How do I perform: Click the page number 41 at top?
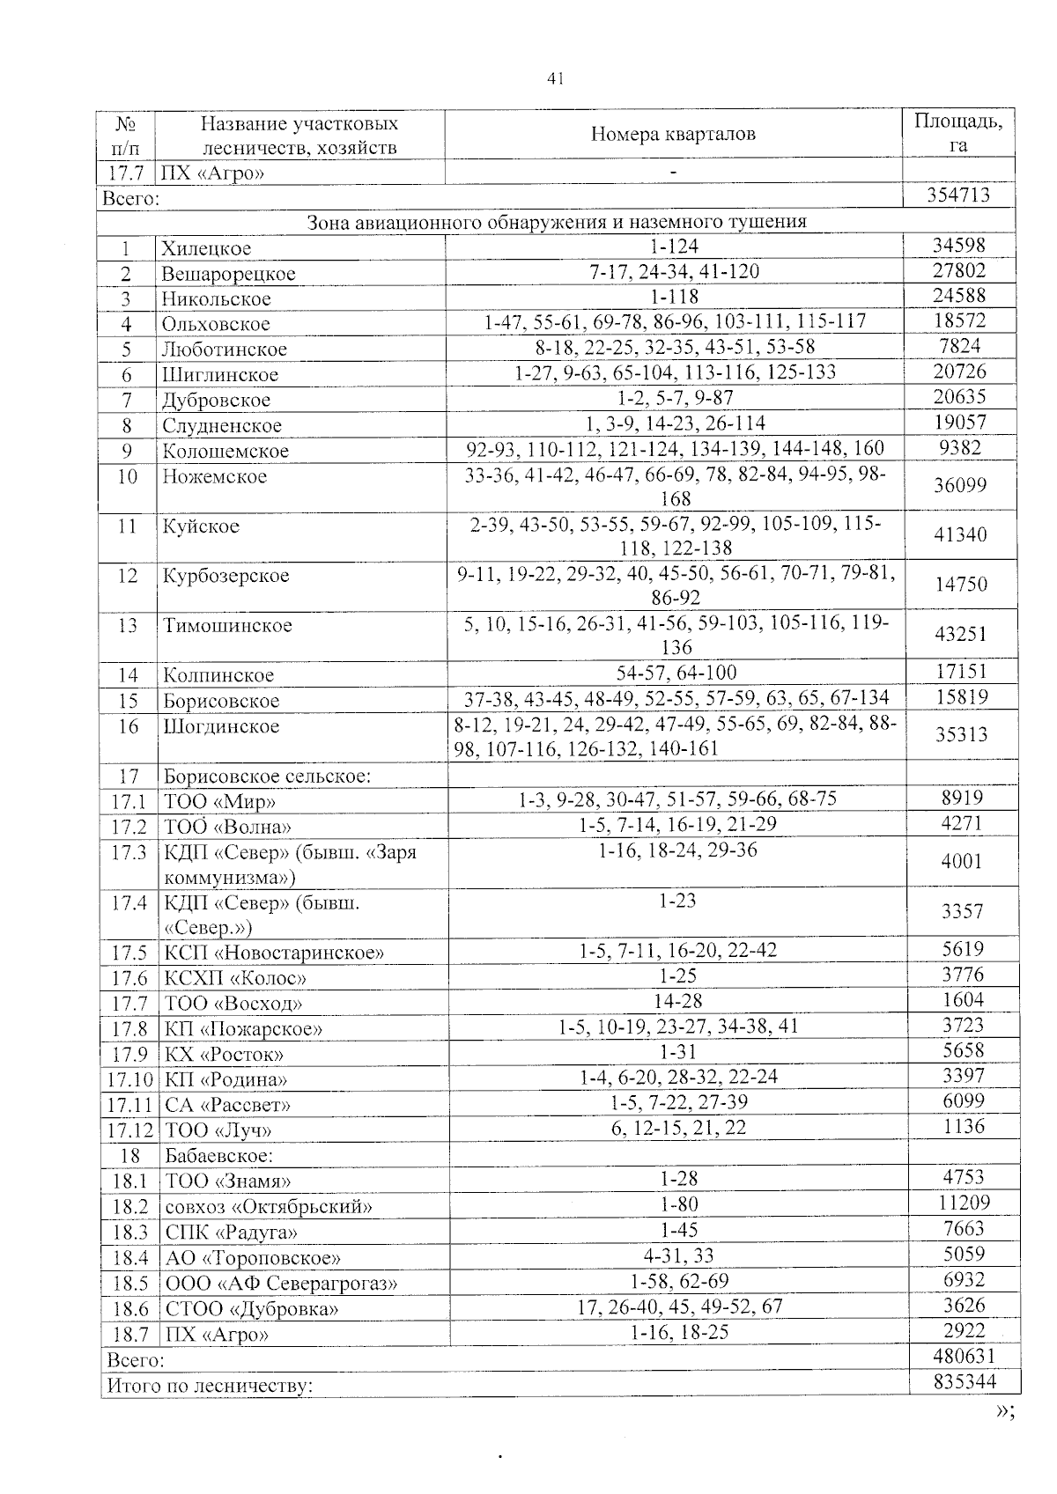tap(555, 79)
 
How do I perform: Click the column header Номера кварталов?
tap(673, 135)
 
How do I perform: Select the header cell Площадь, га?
tap(957, 133)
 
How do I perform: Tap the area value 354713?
tap(959, 195)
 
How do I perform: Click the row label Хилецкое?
tap(207, 249)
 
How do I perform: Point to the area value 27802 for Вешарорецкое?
tap(959, 270)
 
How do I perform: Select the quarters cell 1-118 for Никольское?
tap(675, 296)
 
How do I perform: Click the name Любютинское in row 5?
tap(225, 350)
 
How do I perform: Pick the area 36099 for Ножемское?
tap(960, 485)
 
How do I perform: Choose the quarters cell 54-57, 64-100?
tap(676, 673)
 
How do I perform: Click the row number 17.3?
tap(128, 853)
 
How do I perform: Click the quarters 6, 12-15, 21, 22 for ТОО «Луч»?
tap(678, 1128)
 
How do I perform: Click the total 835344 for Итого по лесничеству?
tap(964, 1381)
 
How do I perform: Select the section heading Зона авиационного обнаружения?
tap(557, 221)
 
